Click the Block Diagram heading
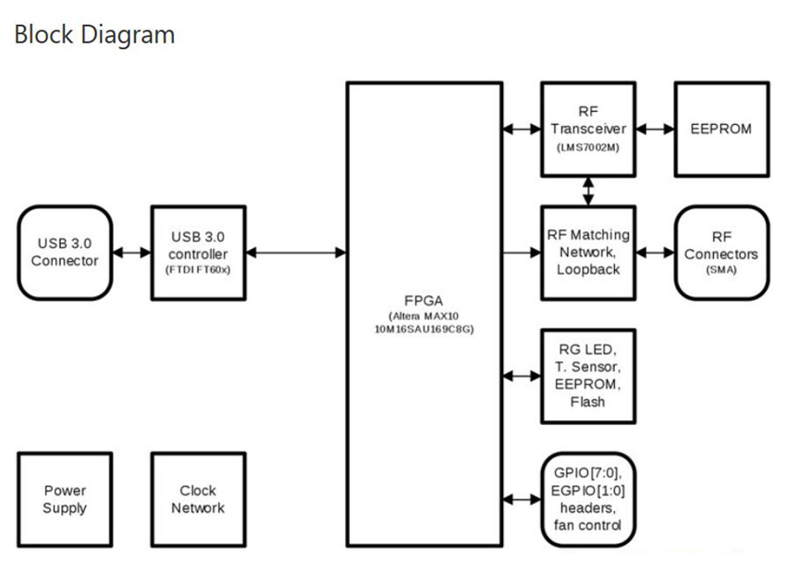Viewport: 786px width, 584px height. tap(93, 35)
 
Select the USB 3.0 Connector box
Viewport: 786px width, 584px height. tap(64, 252)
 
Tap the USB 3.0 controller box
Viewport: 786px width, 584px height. tap(198, 252)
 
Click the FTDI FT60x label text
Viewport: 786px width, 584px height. tap(198, 269)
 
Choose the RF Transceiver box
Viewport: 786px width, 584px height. tap(588, 129)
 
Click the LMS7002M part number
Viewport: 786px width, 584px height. tap(588, 147)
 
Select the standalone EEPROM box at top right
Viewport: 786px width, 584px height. tap(721, 129)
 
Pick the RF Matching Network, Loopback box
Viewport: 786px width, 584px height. tap(588, 251)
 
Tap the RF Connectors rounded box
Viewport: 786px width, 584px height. tap(721, 252)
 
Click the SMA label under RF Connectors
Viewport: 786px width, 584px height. tap(721, 269)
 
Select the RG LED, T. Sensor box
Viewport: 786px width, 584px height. tap(588, 375)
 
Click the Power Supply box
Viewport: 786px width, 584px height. tap(64, 499)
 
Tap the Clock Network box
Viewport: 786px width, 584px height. tap(198, 499)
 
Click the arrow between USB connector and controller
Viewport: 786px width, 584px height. tap(130, 252)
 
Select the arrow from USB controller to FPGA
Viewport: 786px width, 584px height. tap(296, 252)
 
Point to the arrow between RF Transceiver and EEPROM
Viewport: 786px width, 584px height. tap(656, 129)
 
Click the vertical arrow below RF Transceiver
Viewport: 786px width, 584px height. tap(588, 191)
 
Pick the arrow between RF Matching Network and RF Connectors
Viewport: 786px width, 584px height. tap(656, 252)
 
